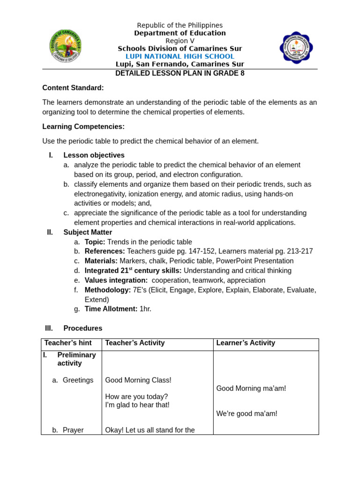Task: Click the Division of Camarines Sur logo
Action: tap(66, 46)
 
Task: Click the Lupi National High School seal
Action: tap(296, 48)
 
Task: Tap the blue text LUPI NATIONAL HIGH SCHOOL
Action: tap(180, 57)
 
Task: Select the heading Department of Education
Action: tap(180, 33)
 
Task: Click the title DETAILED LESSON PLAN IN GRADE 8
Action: tap(180, 74)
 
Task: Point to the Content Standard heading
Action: tap(73, 88)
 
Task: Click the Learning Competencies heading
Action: tap(83, 127)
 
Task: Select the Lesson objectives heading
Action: tap(94, 155)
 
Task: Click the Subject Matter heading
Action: tap(88, 232)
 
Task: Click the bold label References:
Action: tap(105, 252)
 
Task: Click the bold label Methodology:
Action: tap(107, 290)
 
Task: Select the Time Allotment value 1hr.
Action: tap(145, 309)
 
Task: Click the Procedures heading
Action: tap(82, 329)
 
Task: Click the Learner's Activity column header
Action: tap(246, 343)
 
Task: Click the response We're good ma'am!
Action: tap(247, 414)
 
